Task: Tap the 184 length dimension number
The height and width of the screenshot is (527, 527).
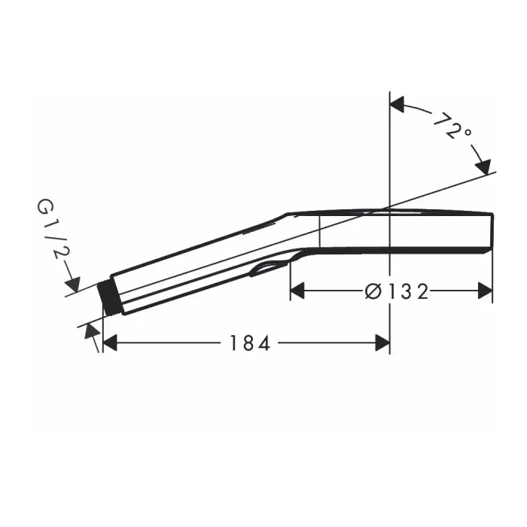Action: [x=250, y=343]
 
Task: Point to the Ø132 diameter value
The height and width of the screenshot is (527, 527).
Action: [x=397, y=290]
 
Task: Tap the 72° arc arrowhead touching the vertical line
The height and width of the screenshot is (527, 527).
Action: [x=398, y=105]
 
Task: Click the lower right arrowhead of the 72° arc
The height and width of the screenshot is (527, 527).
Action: [x=483, y=165]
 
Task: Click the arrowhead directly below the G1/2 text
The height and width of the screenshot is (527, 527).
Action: [x=72, y=284]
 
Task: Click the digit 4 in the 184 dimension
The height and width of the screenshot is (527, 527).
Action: [x=263, y=343]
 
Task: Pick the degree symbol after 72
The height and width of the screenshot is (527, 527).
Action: [x=468, y=133]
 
